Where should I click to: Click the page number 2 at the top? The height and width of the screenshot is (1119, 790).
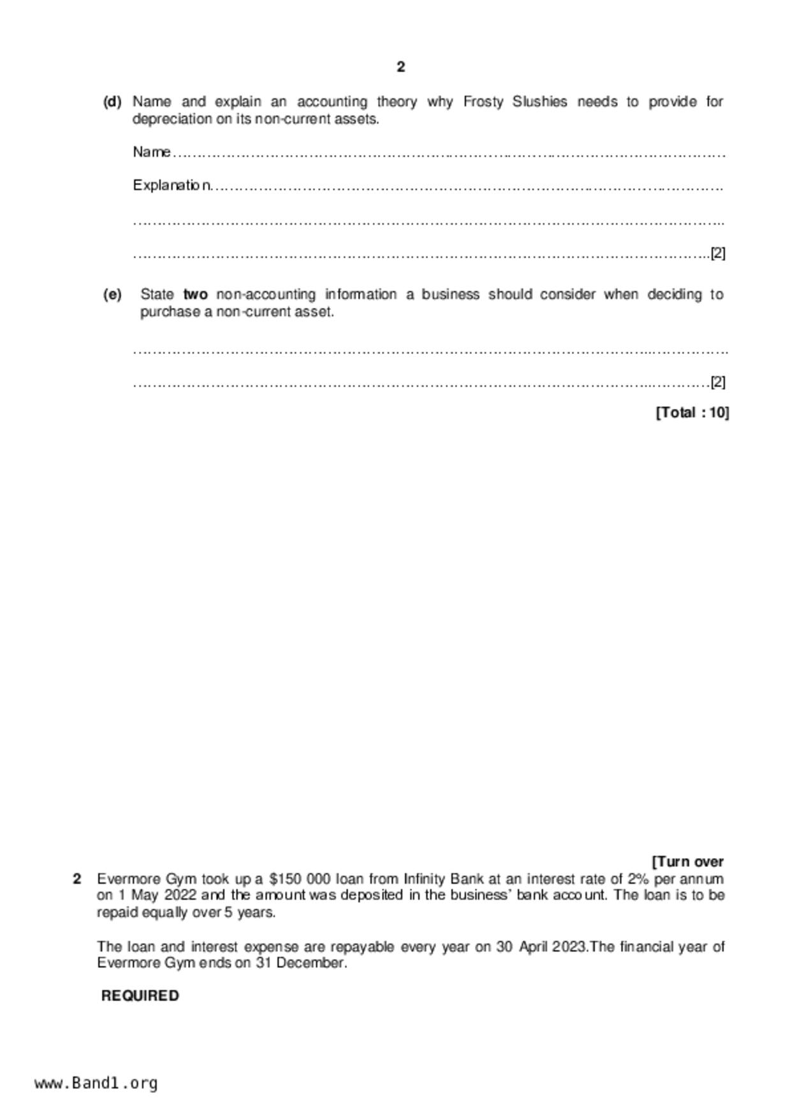(400, 67)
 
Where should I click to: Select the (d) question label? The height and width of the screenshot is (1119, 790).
(112, 102)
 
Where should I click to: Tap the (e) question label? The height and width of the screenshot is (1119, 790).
(112, 295)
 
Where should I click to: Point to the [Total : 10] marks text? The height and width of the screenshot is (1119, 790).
(692, 413)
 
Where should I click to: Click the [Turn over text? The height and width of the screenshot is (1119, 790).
(688, 862)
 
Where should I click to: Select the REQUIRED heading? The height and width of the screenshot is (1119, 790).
(140, 996)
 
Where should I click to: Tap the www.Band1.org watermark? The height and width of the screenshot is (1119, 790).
(96, 1083)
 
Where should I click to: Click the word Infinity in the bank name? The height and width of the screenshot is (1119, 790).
(428, 879)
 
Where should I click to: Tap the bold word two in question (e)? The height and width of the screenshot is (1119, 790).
(195, 295)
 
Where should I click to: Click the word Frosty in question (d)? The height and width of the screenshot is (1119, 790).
(483, 102)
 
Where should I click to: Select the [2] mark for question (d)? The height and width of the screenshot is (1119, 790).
(718, 253)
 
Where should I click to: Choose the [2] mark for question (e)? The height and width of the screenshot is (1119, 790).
(718, 382)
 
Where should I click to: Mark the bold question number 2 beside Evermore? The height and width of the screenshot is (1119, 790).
(77, 879)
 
